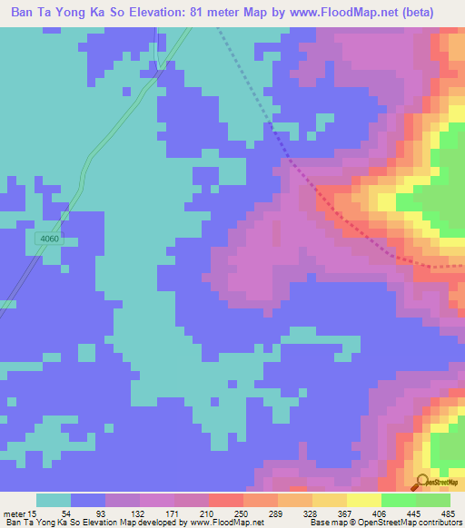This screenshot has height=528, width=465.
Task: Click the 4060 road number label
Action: tap(50, 239)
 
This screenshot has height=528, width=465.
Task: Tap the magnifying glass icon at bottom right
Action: tap(423, 482)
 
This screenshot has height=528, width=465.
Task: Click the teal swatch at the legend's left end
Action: tap(54, 500)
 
